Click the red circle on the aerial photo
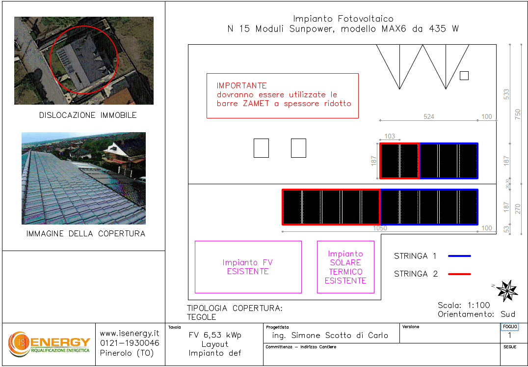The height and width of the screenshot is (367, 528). pyautogui.click(x=50, y=59)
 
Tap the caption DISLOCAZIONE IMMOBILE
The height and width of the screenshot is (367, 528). pyautogui.click(x=88, y=115)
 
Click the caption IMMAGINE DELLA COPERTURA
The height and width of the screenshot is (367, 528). pyautogui.click(x=86, y=233)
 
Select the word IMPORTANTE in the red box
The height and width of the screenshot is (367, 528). pyautogui.click(x=241, y=85)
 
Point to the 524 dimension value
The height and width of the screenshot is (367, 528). pyautogui.click(x=429, y=116)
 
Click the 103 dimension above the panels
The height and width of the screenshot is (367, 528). pyautogui.click(x=390, y=136)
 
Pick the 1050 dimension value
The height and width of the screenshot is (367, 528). pyautogui.click(x=380, y=228)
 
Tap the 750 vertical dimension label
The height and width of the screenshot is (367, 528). pyautogui.click(x=518, y=114)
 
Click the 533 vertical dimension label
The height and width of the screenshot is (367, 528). pyautogui.click(x=506, y=94)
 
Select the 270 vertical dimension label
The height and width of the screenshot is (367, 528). pyautogui.click(x=518, y=209)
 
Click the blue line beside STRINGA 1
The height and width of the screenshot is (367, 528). pyautogui.click(x=459, y=256)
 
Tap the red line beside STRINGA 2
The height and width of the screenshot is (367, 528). pyautogui.click(x=459, y=274)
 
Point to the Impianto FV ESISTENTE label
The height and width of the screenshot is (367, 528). pyautogui.click(x=248, y=267)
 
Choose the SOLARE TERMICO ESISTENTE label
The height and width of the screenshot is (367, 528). pyautogui.click(x=345, y=272)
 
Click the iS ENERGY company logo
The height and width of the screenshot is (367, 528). pyautogui.click(x=49, y=343)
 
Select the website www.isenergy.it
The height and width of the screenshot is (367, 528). pyautogui.click(x=130, y=334)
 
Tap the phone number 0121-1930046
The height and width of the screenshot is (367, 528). pyautogui.click(x=130, y=343)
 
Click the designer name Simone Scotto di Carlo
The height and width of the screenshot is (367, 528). pyautogui.click(x=340, y=336)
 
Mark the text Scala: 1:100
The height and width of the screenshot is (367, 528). pyautogui.click(x=464, y=305)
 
